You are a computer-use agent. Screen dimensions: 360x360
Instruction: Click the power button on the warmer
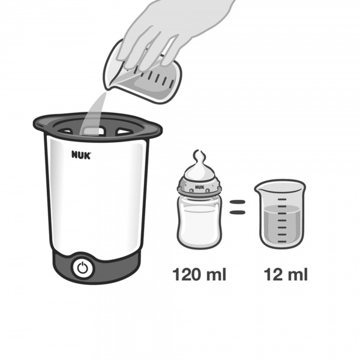[x=83, y=268]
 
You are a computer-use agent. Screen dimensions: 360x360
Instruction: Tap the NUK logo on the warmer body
[x=81, y=155]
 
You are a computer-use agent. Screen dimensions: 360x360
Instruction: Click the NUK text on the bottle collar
[x=200, y=187]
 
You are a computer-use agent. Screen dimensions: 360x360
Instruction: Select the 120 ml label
[x=199, y=274]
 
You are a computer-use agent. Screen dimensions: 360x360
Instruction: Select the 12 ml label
[x=286, y=274]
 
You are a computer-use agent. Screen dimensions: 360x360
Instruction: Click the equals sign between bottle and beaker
[x=238, y=207]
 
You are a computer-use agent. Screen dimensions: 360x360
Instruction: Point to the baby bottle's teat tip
[x=199, y=154]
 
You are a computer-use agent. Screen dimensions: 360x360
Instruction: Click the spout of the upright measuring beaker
[x=257, y=189]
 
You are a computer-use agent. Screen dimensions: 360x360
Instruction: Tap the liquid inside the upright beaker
[x=282, y=224]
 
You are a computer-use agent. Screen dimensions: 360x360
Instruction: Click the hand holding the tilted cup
[x=166, y=32]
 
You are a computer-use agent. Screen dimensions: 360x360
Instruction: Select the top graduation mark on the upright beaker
[x=282, y=200]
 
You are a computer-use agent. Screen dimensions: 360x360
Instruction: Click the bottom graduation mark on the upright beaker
[x=282, y=241]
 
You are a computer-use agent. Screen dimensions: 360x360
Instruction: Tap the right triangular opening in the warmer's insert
[x=124, y=131]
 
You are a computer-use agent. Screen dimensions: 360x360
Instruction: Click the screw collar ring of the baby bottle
[x=199, y=187]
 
